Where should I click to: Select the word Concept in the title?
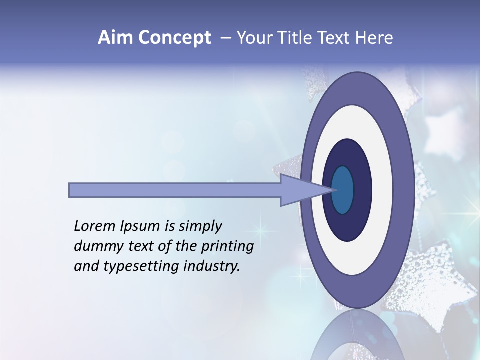175,38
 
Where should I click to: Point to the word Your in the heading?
254,38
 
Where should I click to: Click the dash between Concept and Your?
226,38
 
